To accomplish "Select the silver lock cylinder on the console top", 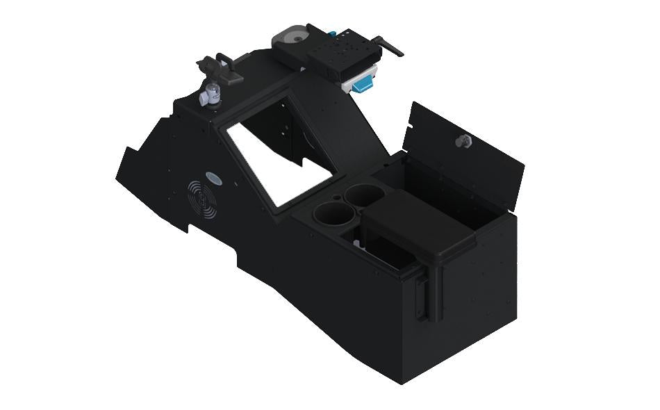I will (209, 97).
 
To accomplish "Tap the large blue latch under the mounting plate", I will (363, 83).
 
